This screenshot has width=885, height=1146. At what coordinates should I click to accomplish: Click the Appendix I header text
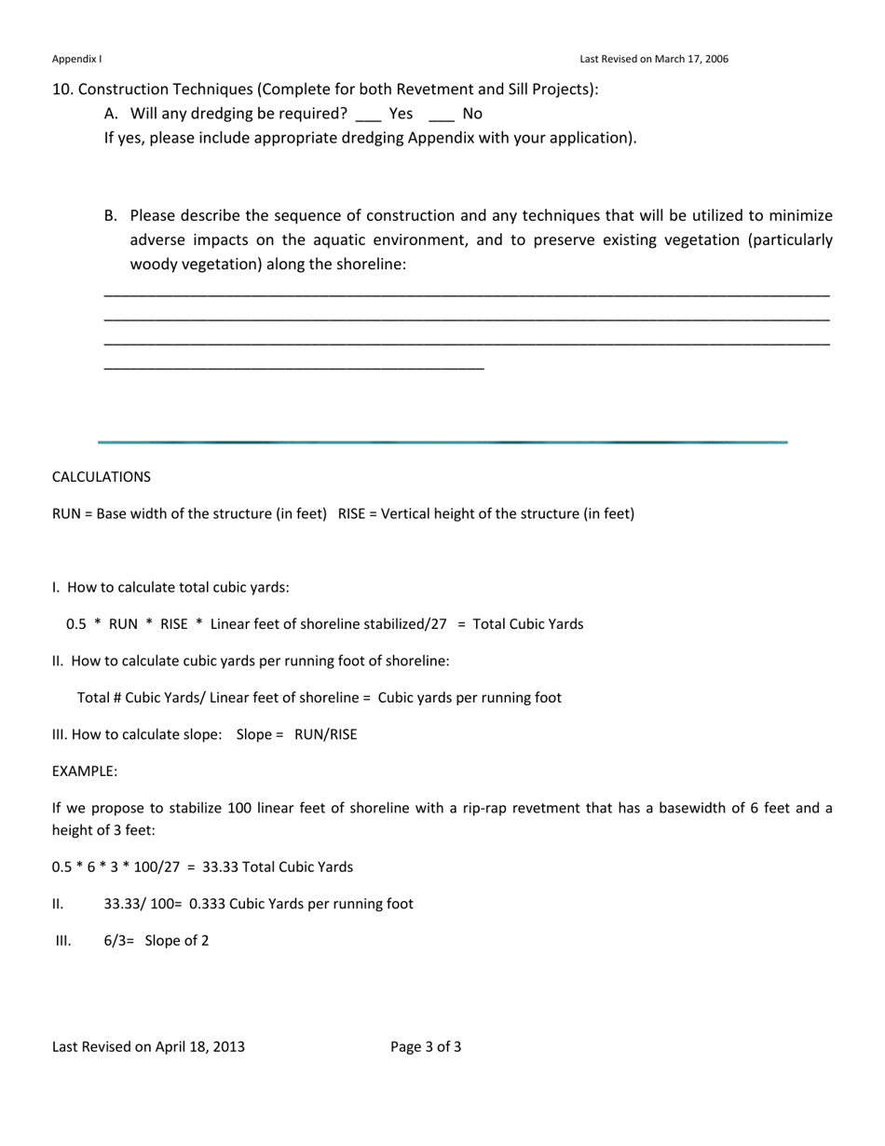[76, 59]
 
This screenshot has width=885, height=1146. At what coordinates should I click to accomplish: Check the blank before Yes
[368, 116]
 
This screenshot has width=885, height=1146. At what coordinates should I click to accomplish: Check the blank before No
[442, 116]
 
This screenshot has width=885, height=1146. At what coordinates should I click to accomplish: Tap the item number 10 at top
[61, 89]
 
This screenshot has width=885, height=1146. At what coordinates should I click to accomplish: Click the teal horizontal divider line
[442, 442]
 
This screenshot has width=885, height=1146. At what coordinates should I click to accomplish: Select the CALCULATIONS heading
[101, 477]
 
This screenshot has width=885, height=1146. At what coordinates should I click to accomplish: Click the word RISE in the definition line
[356, 513]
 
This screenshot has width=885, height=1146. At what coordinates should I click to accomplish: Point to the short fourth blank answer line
[293, 369]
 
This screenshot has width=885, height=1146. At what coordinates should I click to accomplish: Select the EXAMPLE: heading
[85, 771]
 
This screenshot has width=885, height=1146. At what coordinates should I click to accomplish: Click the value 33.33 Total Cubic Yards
[278, 867]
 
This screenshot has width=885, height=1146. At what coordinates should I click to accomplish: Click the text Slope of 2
[176, 941]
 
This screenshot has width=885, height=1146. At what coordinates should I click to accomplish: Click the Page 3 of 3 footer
[426, 1046]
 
